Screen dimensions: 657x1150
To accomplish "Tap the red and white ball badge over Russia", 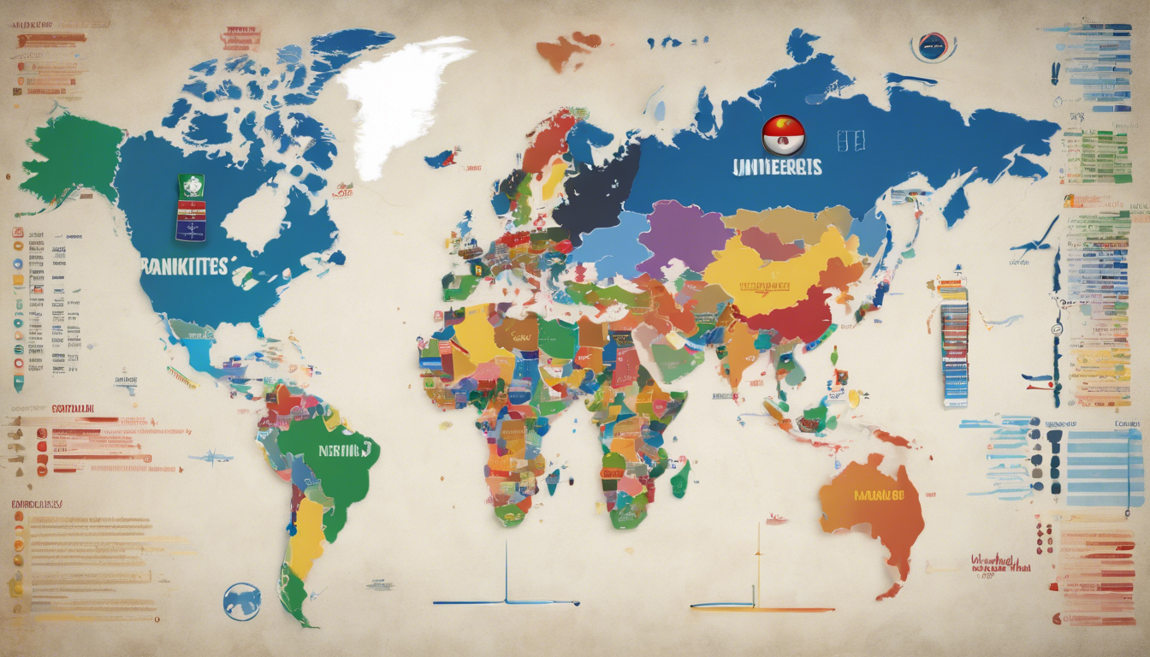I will point(783,135).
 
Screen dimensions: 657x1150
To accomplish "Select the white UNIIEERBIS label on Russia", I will point(777,166).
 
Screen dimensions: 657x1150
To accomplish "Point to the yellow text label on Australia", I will point(879,494).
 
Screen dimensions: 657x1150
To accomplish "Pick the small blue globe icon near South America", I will point(241,601).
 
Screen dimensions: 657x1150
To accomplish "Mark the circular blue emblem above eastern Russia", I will point(933,46).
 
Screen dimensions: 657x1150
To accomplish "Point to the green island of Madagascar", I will point(680,477).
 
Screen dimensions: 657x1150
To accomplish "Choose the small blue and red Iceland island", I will point(441,158).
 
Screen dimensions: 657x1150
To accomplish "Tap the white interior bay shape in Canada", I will point(257,214).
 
